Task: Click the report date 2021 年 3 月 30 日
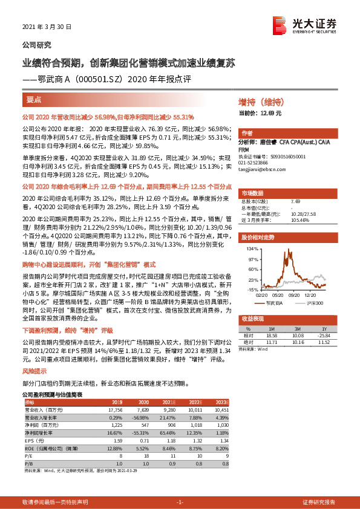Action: coord(47,28)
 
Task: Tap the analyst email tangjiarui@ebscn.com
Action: coord(264,169)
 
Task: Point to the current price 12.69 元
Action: coord(262,113)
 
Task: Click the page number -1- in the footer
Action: coord(180,502)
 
